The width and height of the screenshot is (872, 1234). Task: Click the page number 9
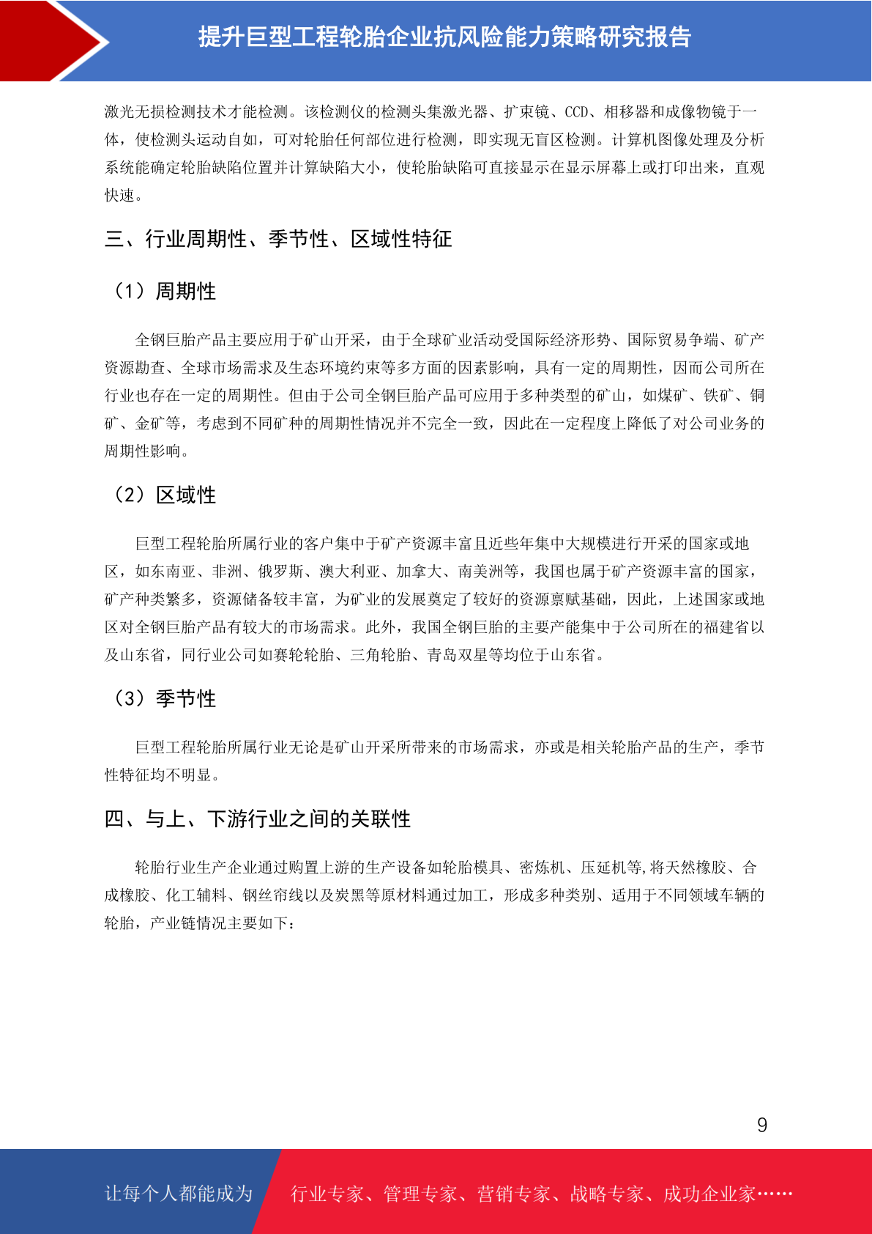coord(762,1125)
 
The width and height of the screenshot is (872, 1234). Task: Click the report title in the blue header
coord(444,37)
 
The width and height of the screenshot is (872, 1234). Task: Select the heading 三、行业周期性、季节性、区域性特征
coord(278,239)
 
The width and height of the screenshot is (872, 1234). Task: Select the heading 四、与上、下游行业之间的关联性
coord(258,819)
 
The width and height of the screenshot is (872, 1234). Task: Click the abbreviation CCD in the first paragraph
coord(576,112)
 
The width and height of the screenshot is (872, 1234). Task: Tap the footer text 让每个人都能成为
coord(179,1194)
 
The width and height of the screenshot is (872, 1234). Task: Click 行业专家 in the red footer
coord(327,1194)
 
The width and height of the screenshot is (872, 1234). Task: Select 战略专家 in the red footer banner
coord(606,1194)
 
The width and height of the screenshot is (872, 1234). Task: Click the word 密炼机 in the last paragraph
coord(542,868)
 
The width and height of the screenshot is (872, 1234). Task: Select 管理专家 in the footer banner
coord(420,1194)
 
